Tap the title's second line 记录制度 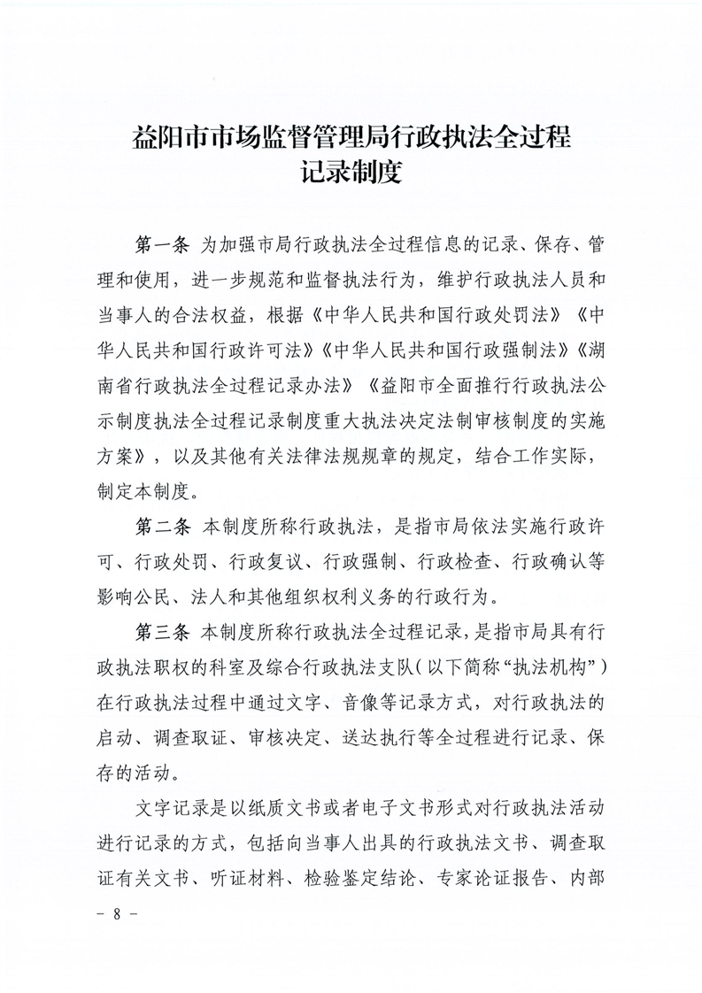coord(351,172)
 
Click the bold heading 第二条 coord(162,529)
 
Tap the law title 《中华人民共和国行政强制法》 coord(449,350)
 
